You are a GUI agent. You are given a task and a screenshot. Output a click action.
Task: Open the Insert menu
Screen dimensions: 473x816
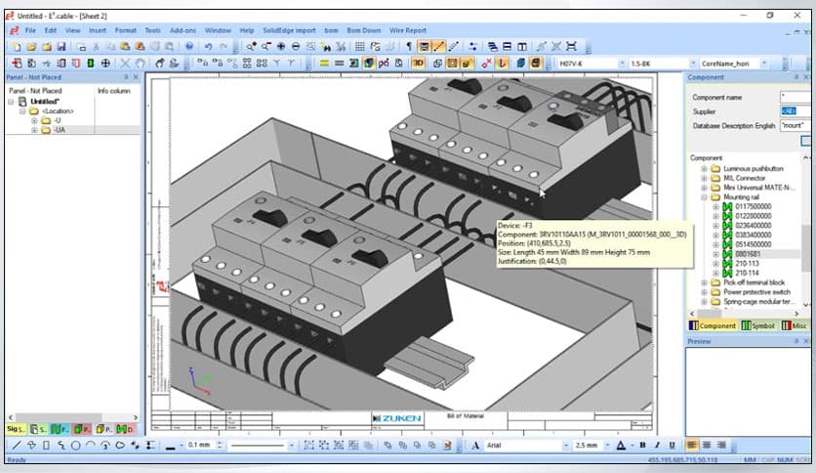tap(98, 30)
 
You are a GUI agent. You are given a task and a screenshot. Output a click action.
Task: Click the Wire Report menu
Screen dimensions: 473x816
tap(408, 30)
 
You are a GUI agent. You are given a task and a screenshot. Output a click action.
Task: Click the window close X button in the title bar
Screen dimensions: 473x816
tap(798, 15)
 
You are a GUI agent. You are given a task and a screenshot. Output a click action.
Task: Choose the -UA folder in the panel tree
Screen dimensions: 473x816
tap(60, 130)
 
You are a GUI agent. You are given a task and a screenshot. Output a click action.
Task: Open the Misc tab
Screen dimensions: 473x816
tap(797, 325)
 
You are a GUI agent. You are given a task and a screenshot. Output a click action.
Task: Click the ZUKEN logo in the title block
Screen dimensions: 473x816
tap(398, 418)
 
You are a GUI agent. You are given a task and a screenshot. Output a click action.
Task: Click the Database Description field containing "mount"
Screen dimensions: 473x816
tap(793, 125)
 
